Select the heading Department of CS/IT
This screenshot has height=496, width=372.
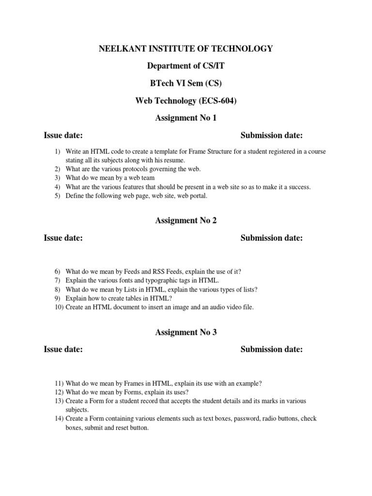click(186, 66)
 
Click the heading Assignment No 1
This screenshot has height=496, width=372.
click(186, 118)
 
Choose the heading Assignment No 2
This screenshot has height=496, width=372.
click(186, 220)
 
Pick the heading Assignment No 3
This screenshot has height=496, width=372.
click(186, 332)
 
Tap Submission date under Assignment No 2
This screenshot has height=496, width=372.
click(271, 238)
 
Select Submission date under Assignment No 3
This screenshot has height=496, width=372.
click(271, 349)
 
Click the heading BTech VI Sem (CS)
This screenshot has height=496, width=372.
click(186, 83)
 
